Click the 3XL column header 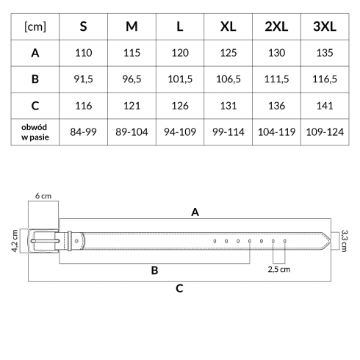pos(325,26)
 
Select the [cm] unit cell pos(35,26)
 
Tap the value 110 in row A pos(84,53)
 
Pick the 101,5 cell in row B pos(180,79)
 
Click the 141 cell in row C pos(325,106)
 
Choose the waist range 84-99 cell pos(83,132)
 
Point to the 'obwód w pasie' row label pos(35,132)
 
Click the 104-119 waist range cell pos(276,132)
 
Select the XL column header pos(228,26)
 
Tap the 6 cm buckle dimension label pos(43,196)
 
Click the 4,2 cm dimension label pos(15,241)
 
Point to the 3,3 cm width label pos(344,241)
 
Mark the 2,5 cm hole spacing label pos(279,270)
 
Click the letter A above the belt pos(195,212)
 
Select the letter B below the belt pos(154,270)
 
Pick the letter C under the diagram pos(179,289)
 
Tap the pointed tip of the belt pos(331,241)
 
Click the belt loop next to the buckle pos(70,241)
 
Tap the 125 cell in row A pos(228,53)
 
